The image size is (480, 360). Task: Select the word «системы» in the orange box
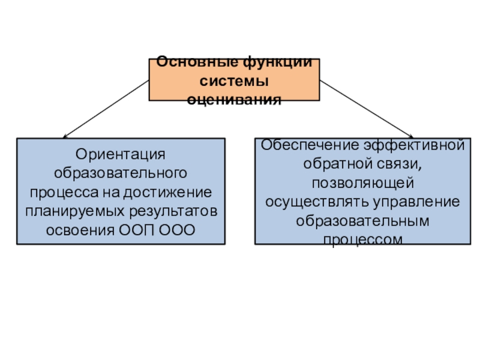pyautogui.click(x=234, y=81)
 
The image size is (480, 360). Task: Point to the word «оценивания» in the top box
pyautogui.click(x=234, y=99)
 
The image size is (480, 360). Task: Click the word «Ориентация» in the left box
pyautogui.click(x=121, y=154)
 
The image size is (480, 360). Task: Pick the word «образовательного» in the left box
pyautogui.click(x=121, y=173)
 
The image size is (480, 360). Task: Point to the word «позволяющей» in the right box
pyautogui.click(x=360, y=182)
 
